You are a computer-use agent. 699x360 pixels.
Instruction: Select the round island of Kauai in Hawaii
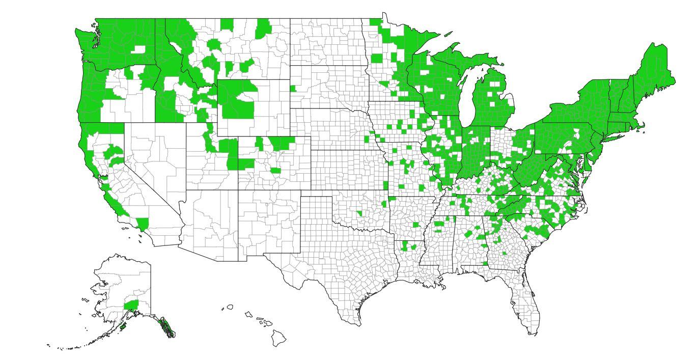tap(230, 307)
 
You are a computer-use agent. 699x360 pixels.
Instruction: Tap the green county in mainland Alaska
tap(131, 305)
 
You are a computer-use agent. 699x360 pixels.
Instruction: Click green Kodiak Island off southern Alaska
tap(122, 325)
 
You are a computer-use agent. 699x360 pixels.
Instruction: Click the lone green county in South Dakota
tap(293, 88)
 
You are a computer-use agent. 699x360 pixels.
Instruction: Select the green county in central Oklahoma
tap(359, 213)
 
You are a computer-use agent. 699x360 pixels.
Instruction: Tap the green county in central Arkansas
tap(416, 225)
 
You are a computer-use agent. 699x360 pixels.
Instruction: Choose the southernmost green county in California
tap(142, 224)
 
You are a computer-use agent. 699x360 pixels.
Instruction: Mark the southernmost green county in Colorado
tap(275, 171)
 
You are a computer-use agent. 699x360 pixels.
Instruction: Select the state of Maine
tap(654, 71)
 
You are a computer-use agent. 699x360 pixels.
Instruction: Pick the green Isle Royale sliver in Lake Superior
tap(448, 35)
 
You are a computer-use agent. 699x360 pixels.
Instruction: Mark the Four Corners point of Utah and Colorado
tap(238, 190)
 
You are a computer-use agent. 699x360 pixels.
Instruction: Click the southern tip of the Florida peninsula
tap(532, 334)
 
